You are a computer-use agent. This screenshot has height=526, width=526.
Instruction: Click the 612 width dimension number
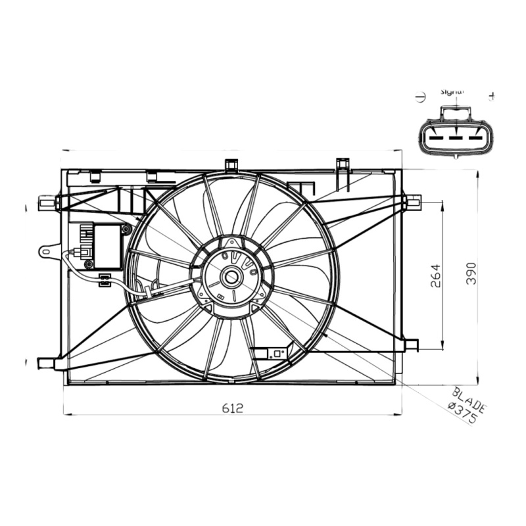click(x=231, y=408)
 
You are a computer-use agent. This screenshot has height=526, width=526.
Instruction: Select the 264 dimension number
click(x=436, y=274)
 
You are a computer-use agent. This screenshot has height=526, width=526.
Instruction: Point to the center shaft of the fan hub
click(x=231, y=277)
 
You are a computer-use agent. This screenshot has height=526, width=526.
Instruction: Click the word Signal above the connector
click(x=452, y=93)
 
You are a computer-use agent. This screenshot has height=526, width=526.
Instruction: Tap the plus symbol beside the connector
click(x=491, y=97)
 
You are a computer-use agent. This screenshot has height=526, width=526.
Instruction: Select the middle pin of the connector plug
click(x=452, y=139)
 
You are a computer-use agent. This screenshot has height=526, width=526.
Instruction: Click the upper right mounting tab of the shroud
click(x=413, y=201)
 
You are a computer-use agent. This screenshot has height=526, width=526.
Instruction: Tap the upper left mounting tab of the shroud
click(x=48, y=203)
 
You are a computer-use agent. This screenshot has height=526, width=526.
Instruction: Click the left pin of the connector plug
click(x=435, y=139)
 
